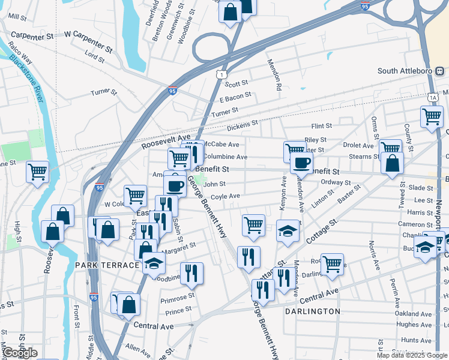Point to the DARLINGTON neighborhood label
click(x=313, y=311)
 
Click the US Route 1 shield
click(x=222, y=74)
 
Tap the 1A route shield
click(x=433, y=97)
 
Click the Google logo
click(x=20, y=353)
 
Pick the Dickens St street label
click(x=242, y=127)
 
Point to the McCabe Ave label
click(x=221, y=145)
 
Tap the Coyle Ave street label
click(x=225, y=196)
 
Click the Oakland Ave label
click(x=414, y=313)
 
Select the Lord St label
click(x=95, y=56)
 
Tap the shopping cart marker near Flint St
click(x=432, y=116)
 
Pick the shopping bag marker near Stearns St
click(x=391, y=162)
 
